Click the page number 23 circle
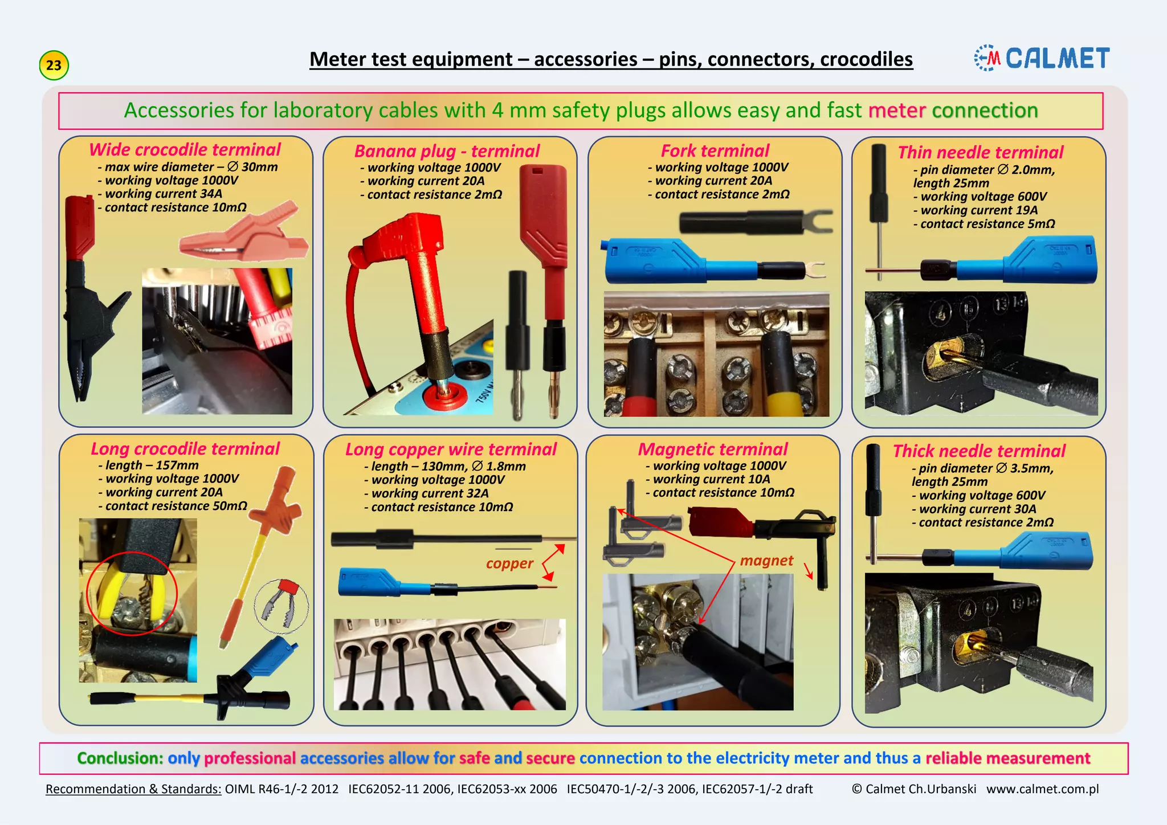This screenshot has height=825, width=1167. click(54, 65)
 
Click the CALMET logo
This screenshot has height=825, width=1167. click(1042, 58)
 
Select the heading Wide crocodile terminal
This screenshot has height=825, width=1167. click(185, 149)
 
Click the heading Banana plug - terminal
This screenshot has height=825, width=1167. click(447, 151)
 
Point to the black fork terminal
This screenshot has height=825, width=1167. click(752, 222)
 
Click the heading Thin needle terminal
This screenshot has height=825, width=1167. click(980, 153)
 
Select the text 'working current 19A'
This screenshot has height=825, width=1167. click(978, 210)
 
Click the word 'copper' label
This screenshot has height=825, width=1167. click(509, 563)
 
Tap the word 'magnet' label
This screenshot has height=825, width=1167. click(766, 561)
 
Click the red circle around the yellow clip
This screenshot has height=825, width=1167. click(132, 593)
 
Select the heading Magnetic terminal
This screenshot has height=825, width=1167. click(712, 450)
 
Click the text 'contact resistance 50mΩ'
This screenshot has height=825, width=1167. click(176, 506)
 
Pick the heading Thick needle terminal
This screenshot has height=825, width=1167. click(978, 451)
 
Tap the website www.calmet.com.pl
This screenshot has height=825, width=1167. click(1042, 789)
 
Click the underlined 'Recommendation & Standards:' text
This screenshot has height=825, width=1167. click(133, 789)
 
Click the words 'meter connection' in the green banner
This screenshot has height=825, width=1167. click(953, 111)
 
